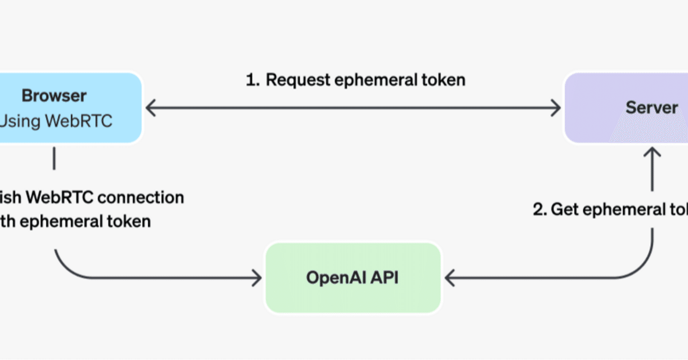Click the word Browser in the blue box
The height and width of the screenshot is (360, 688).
click(54, 96)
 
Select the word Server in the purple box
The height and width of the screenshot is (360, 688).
click(651, 107)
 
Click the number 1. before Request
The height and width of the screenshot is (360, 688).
click(253, 80)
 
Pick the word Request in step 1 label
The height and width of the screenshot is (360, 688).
click(298, 80)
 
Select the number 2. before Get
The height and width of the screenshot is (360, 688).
click(540, 209)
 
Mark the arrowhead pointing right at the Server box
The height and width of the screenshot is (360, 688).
click(557, 109)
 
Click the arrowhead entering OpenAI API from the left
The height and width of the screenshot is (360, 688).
click(257, 278)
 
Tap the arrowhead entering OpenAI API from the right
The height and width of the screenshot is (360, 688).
click(449, 278)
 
